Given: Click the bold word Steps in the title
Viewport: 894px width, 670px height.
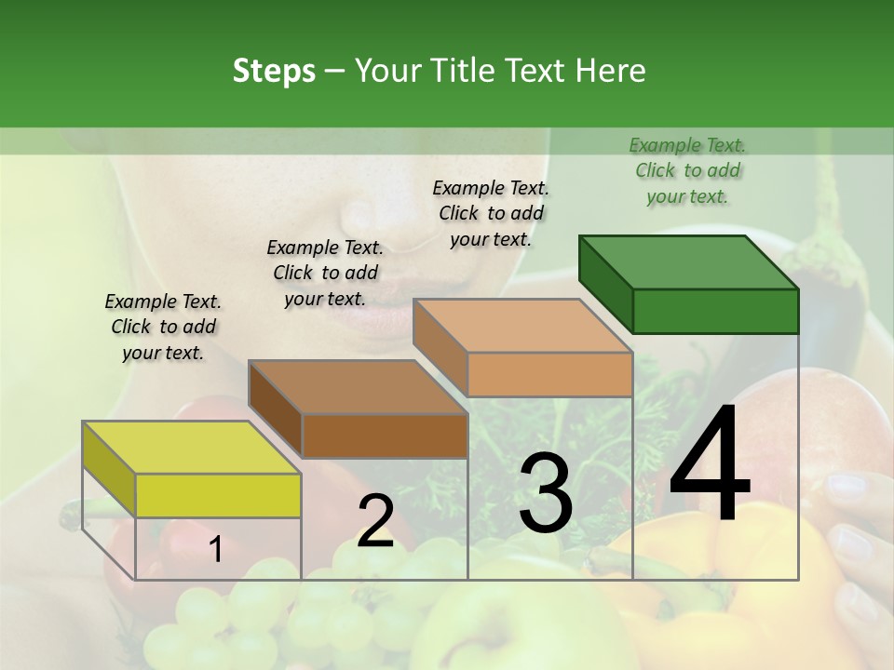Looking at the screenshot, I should (x=274, y=71).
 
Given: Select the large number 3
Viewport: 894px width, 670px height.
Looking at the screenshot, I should (x=545, y=493).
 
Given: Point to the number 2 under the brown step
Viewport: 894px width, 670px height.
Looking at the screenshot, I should (x=375, y=521).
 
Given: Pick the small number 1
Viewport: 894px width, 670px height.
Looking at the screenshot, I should (x=215, y=550).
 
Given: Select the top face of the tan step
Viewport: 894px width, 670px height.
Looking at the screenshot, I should (x=522, y=326).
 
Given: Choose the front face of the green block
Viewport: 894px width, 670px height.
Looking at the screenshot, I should (x=715, y=311).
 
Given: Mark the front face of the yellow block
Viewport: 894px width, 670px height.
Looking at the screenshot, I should (x=218, y=495).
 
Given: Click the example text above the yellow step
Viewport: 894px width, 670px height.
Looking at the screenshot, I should (x=163, y=328).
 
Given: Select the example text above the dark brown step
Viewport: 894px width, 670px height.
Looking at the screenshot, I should (x=325, y=273).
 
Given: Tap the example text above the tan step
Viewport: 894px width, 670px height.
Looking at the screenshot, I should (x=491, y=213).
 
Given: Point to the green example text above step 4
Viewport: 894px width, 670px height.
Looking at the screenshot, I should (x=687, y=170).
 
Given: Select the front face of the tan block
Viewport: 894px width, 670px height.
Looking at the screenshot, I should (x=549, y=374).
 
